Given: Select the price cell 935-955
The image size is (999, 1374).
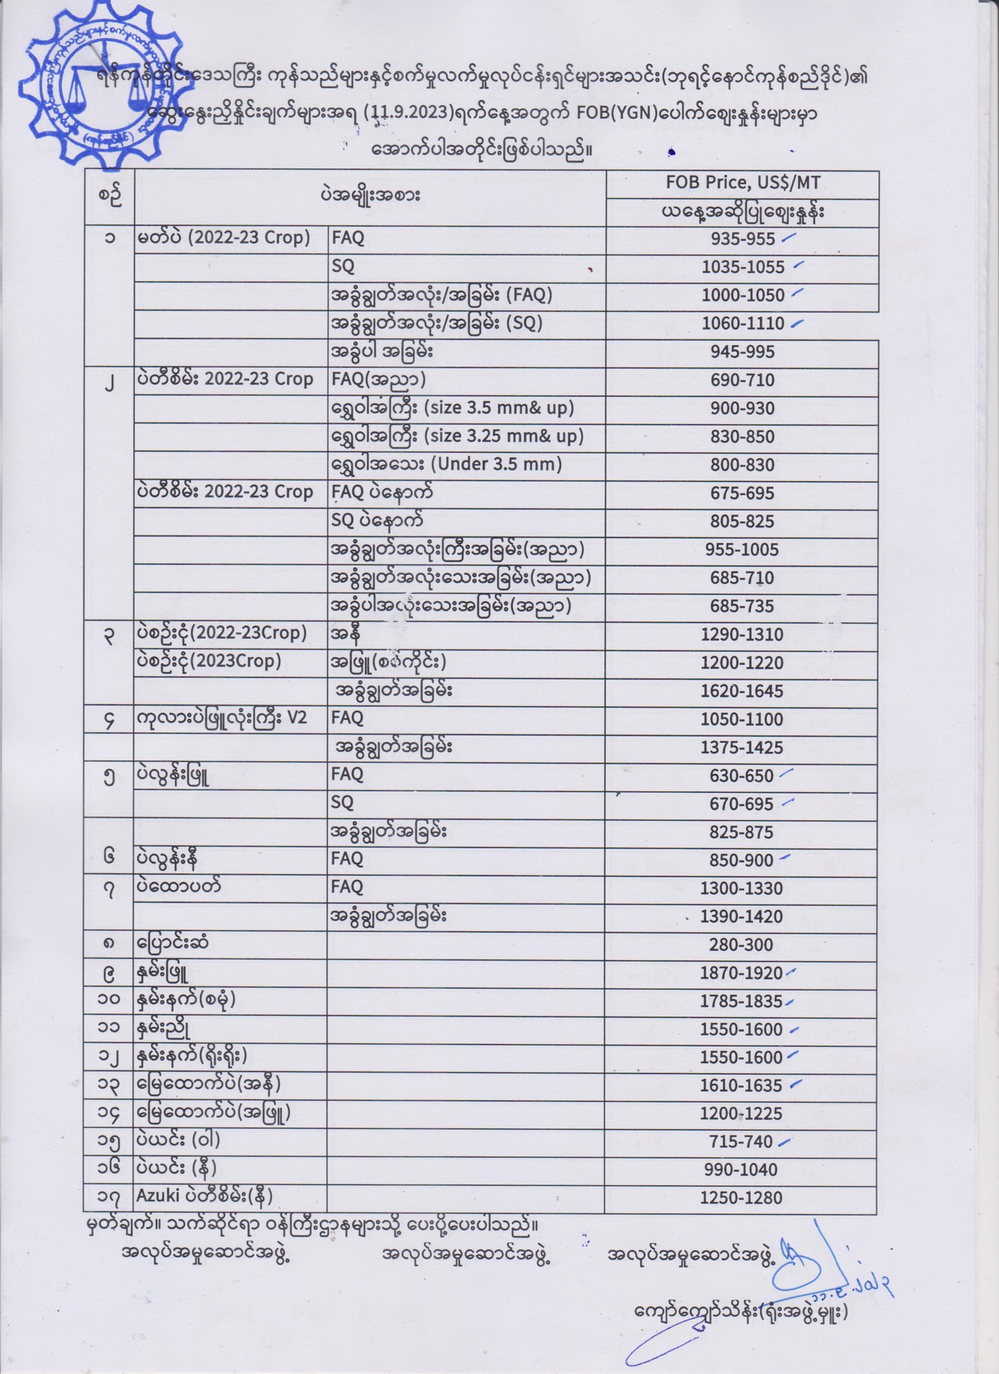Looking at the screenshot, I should [x=743, y=239].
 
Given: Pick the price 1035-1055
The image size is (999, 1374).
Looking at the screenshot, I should [x=743, y=267].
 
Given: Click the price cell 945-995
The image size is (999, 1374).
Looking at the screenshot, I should [x=743, y=352].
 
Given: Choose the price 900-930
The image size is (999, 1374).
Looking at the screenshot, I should [x=743, y=408].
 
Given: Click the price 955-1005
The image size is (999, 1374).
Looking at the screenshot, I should [x=742, y=549].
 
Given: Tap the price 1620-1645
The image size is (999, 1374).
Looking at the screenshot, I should [x=742, y=691].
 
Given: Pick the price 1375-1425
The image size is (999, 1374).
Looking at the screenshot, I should [x=742, y=747].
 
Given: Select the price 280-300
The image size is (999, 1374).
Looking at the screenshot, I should [x=742, y=945].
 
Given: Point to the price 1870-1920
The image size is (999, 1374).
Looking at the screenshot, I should [x=742, y=973].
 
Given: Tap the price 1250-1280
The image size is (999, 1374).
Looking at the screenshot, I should [x=742, y=1198].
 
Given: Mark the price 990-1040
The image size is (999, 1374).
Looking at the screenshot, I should [x=742, y=1170].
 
